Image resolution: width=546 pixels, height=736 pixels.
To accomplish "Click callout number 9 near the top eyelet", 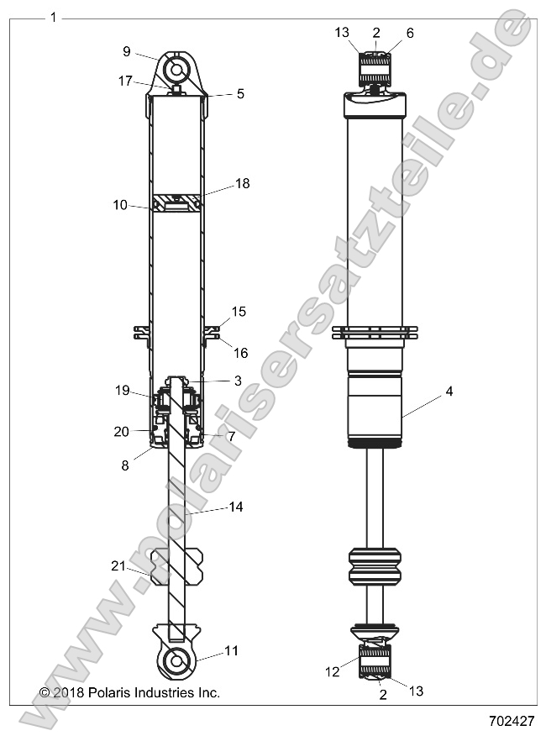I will (127, 51).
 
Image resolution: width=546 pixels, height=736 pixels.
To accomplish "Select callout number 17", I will (125, 81).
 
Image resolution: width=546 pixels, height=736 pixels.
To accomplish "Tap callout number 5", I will (240, 94).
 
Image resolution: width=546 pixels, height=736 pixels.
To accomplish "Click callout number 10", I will (121, 204).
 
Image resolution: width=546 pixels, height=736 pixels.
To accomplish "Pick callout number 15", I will (239, 312).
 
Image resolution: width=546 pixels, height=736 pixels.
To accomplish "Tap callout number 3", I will (238, 381).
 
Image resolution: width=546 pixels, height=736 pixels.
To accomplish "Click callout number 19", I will (121, 390).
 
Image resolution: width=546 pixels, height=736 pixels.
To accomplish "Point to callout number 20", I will (121, 431).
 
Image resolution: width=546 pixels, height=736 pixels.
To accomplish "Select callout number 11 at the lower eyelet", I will (233, 651).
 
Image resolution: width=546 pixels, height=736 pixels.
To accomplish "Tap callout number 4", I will (449, 391).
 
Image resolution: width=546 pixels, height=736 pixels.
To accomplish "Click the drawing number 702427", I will (512, 720).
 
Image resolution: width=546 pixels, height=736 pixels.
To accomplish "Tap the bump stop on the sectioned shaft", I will (176, 565).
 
